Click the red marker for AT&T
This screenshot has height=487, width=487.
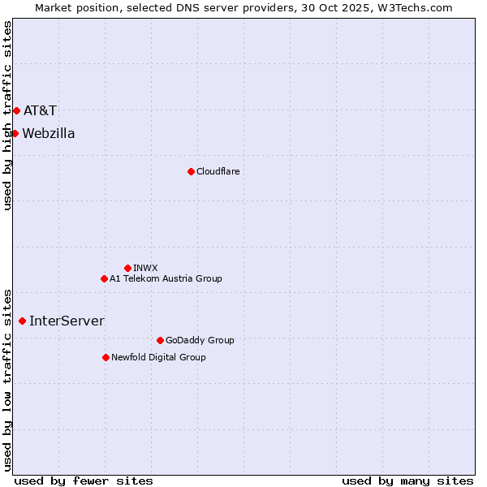[16, 110]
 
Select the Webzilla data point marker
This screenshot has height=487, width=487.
[15, 133]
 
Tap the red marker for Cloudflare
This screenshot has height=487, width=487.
[191, 171]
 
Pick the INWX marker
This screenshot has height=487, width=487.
[127, 268]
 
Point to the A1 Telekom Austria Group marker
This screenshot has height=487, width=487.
[104, 278]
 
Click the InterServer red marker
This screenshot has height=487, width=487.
[22, 321]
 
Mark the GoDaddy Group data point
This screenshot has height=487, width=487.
[160, 340]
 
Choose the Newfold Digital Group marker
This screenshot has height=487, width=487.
[106, 357]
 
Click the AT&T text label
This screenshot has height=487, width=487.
[40, 110]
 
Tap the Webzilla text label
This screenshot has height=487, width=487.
[49, 133]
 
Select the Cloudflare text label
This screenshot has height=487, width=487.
[218, 171]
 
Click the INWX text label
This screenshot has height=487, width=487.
[145, 268]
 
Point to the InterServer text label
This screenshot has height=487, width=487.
[67, 321]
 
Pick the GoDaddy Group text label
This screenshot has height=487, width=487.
[200, 340]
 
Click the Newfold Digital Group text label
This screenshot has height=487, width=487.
[158, 357]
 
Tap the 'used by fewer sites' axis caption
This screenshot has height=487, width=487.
[84, 481]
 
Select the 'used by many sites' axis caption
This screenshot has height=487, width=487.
[407, 481]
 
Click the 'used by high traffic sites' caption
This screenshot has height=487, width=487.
[7, 115]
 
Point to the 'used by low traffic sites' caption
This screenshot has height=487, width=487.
[7, 379]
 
